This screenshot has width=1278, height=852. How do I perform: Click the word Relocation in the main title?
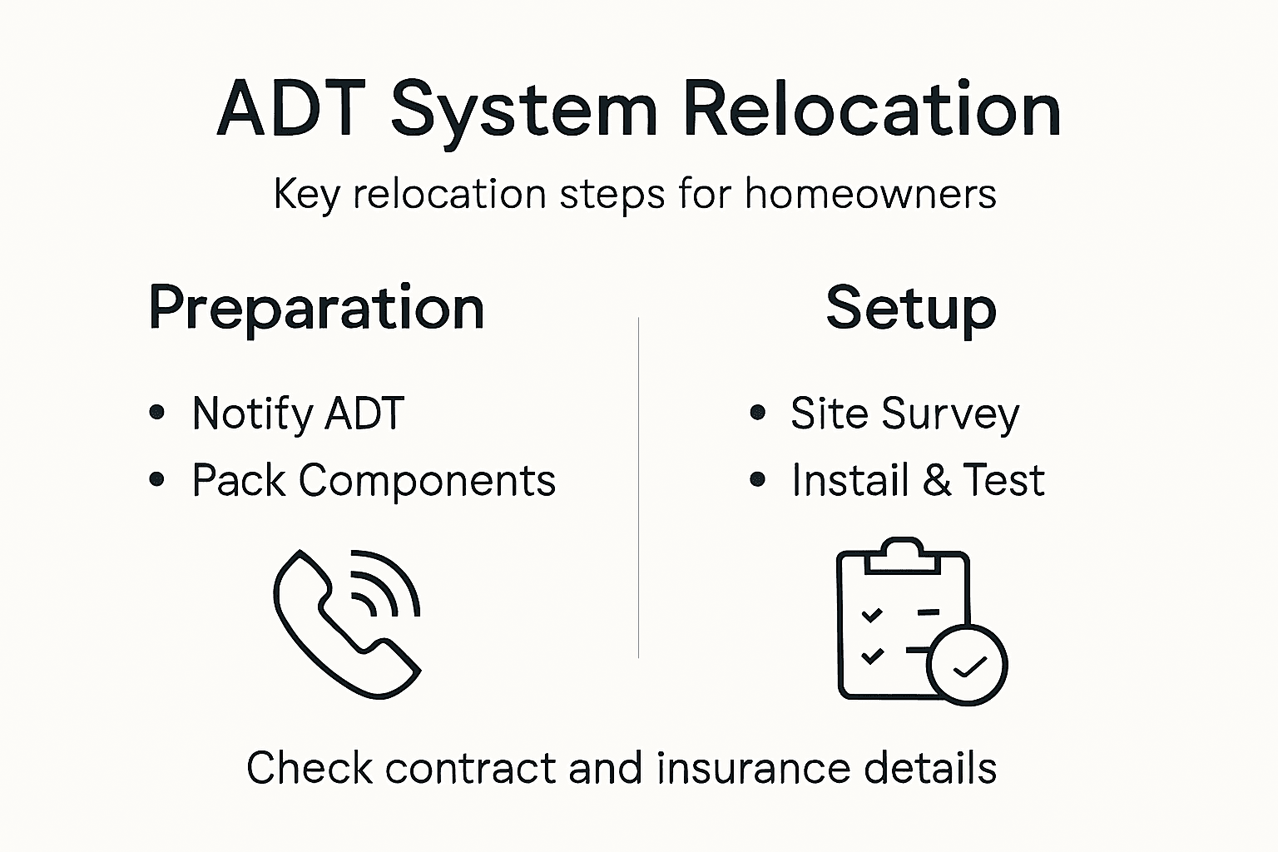point(871,110)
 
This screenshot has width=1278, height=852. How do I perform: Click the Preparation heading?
point(316,309)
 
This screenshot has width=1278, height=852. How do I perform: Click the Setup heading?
point(911,309)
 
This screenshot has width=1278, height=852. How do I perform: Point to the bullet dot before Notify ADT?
point(157,413)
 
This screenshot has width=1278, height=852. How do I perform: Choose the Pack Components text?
point(374,480)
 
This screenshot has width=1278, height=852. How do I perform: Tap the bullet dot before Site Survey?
point(757,413)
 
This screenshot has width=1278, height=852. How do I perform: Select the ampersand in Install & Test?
point(936,480)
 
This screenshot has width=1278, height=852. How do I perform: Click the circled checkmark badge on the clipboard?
point(967,665)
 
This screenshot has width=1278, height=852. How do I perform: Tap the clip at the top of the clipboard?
point(904,555)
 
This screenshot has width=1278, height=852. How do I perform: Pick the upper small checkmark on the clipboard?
point(872,615)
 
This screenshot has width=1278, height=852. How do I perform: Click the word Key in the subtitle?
point(306,195)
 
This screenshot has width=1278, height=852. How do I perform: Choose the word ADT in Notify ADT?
point(364,413)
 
